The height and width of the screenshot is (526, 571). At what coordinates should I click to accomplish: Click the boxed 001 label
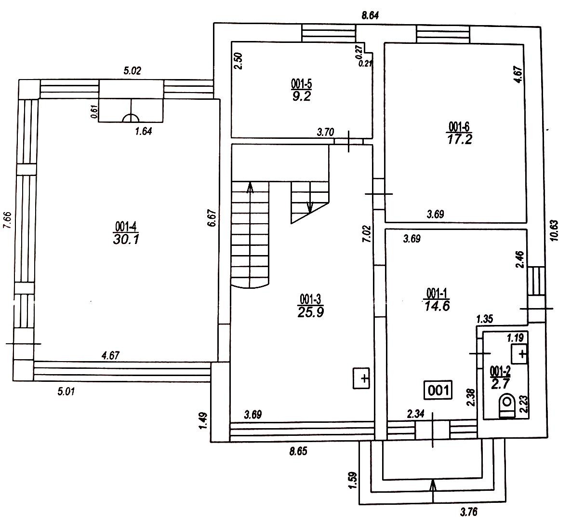coord(438,389)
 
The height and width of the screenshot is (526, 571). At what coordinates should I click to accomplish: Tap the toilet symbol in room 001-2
coord(507,405)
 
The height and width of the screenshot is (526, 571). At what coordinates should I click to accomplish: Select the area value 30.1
coord(127,239)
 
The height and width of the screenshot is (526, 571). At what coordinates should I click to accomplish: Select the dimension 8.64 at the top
coord(370,15)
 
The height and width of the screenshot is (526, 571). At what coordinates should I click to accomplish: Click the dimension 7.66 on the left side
coord(7,222)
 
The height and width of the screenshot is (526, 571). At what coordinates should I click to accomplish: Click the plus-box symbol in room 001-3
coord(362,378)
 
